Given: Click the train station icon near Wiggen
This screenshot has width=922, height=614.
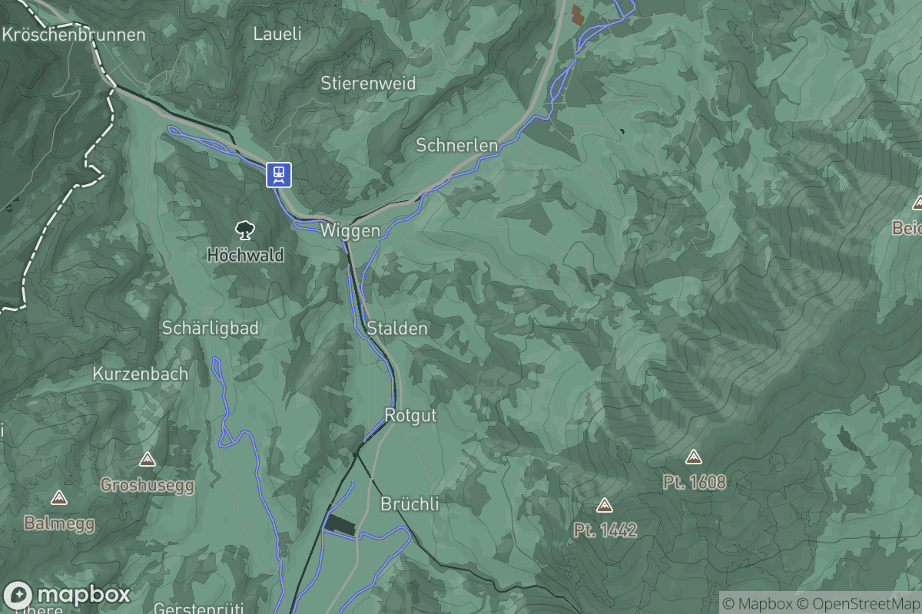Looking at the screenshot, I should [x=278, y=175].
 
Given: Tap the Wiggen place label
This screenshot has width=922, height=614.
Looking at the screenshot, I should [x=350, y=231].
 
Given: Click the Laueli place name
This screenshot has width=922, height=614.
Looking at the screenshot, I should [x=277, y=34].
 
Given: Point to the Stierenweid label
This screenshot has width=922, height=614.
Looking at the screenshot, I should [x=368, y=83].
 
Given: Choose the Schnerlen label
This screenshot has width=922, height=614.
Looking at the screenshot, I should [x=456, y=144].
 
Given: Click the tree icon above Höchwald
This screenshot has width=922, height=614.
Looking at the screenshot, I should [x=245, y=228].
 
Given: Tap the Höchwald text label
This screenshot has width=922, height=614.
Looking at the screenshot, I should [x=245, y=255].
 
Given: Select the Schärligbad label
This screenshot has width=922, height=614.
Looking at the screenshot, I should [x=210, y=328].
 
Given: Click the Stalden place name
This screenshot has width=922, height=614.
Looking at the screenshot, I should [x=396, y=328].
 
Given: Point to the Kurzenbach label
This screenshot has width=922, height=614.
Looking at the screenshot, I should [x=140, y=375].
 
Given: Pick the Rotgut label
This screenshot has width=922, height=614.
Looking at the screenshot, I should [x=410, y=416].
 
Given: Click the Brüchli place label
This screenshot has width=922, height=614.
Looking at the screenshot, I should [x=410, y=504].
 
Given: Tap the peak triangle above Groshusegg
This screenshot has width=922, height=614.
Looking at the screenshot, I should [x=147, y=460].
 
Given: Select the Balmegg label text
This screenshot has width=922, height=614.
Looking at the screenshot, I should [x=59, y=523].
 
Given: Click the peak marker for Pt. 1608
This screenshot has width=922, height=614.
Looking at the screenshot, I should [x=694, y=457].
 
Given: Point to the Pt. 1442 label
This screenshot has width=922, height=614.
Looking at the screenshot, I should [x=605, y=530].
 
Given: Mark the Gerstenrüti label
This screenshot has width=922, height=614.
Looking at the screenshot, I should [x=199, y=609].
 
